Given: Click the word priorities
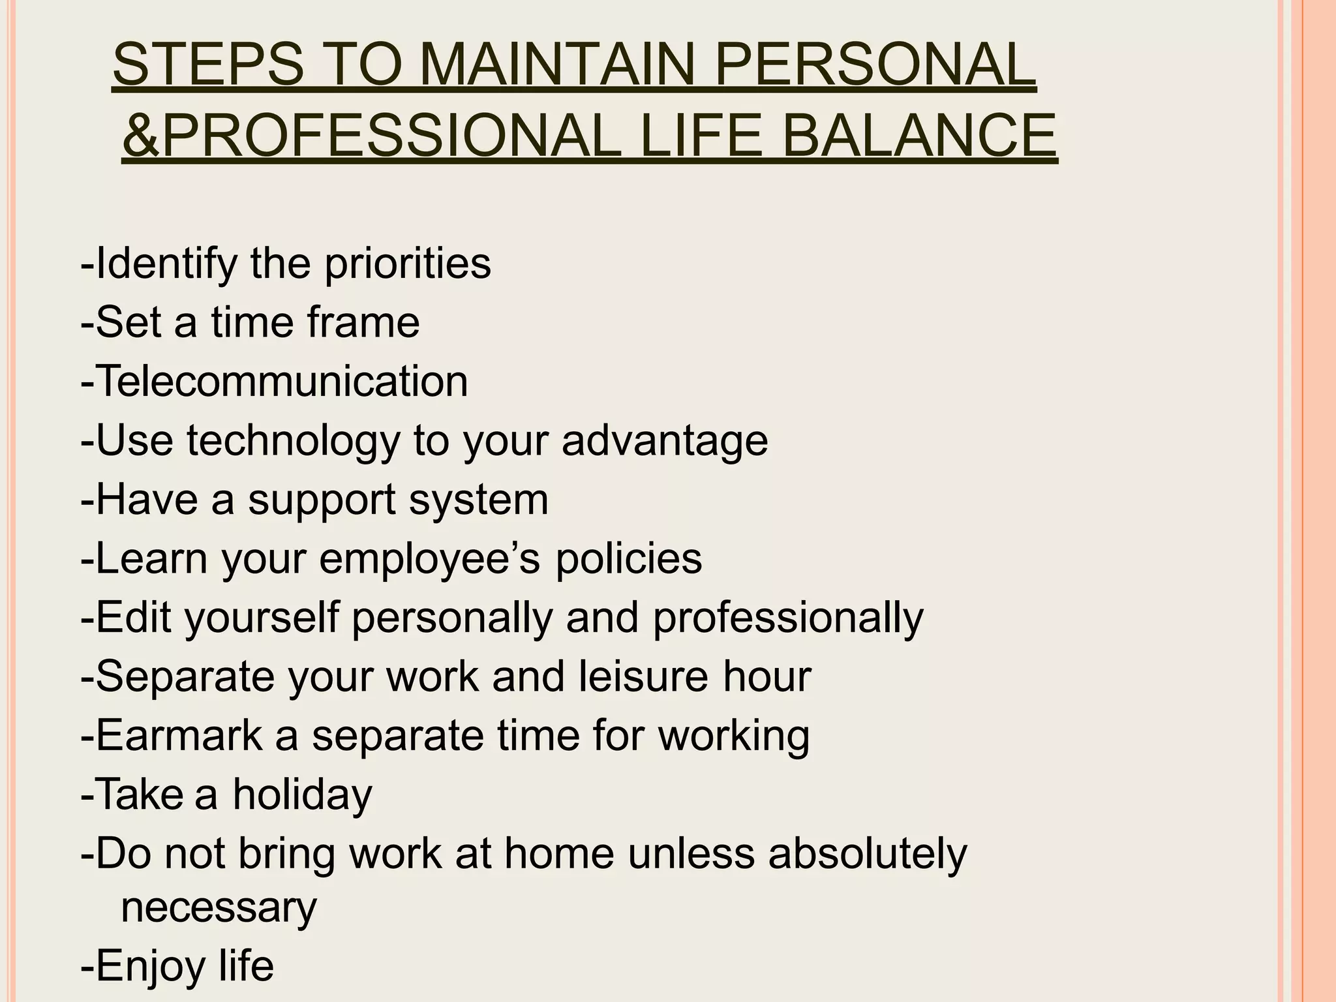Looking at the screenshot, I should pos(407,264).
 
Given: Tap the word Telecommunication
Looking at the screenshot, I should pos(282,381).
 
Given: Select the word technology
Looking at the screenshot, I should pos(293,441).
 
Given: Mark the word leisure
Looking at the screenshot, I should pos(643,676).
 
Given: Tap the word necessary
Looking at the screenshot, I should pos(219,907).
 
